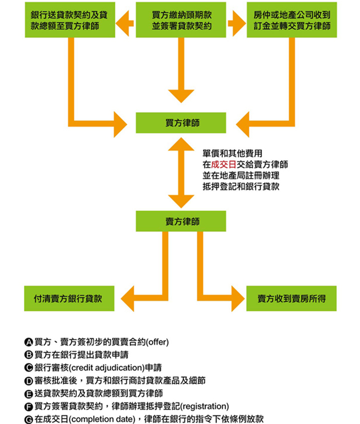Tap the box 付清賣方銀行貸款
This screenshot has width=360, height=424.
click(x=69, y=299)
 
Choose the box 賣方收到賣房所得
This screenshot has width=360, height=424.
click(x=291, y=299)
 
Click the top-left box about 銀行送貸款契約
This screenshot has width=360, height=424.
click(x=69, y=20)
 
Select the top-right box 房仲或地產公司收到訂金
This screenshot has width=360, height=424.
click(x=292, y=20)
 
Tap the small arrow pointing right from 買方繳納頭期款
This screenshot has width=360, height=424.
click(x=237, y=23)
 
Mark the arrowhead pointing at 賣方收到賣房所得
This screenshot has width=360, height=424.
click(x=234, y=299)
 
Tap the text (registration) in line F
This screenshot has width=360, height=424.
click(x=204, y=406)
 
